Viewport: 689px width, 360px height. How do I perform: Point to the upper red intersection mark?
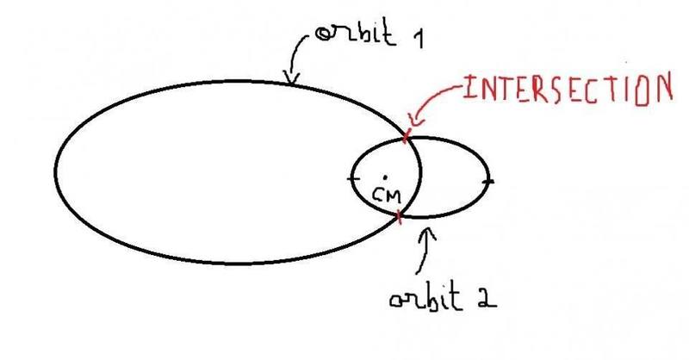pos(406,135)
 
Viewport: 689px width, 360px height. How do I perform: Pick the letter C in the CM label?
pos(379,195)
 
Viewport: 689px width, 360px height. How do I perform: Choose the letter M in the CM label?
pos(394,196)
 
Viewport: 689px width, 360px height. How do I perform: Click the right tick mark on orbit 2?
pos(488,181)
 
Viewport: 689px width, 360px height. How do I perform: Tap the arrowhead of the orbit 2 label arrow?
pos(431,231)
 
